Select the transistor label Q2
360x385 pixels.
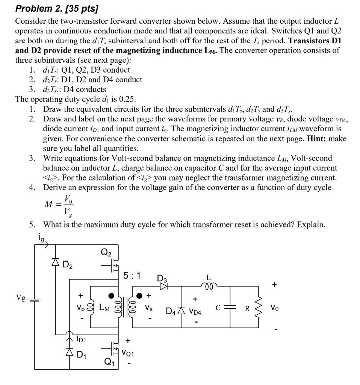tap(106, 252)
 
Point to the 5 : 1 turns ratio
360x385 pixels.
tap(132, 276)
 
